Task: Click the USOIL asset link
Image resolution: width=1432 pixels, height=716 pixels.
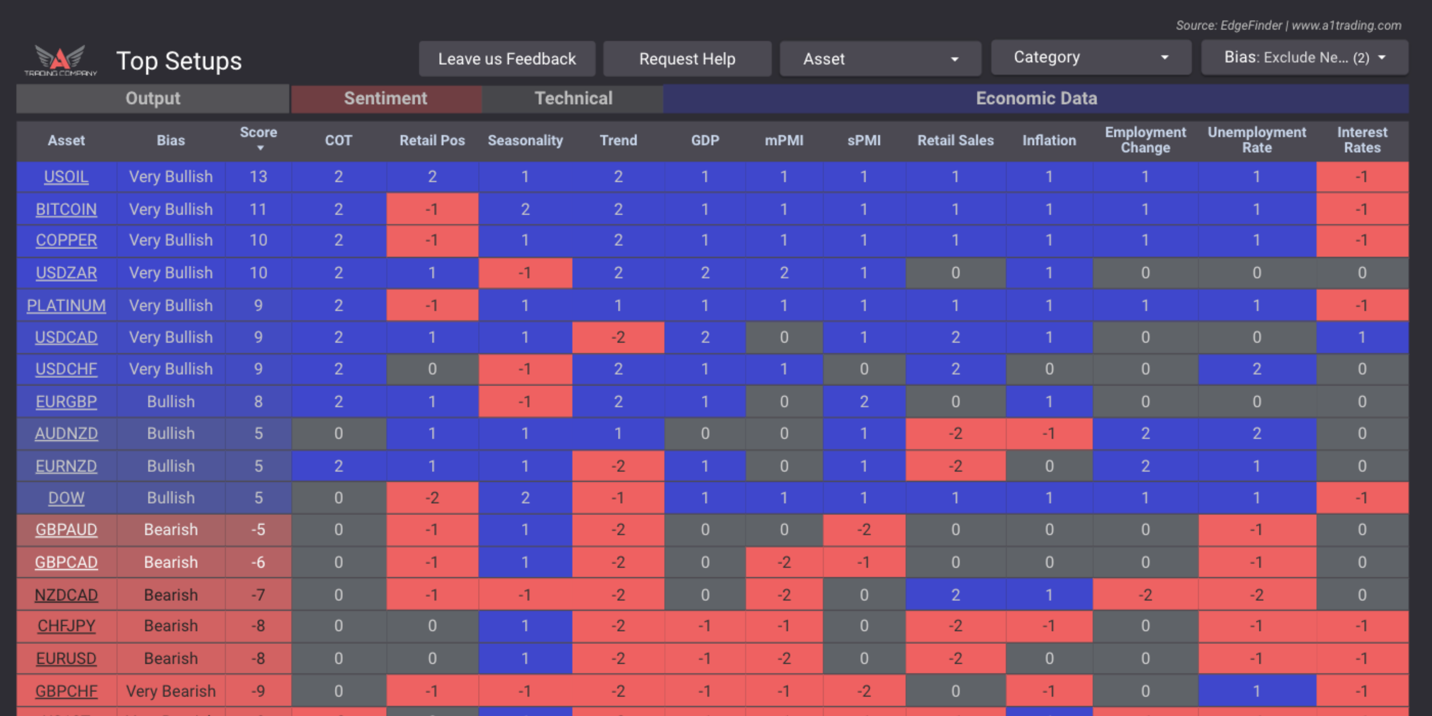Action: (66, 177)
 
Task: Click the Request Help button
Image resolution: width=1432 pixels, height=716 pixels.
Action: (687, 59)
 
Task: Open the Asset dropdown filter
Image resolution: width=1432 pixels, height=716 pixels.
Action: (880, 59)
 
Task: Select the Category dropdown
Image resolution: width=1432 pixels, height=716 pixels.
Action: (1091, 57)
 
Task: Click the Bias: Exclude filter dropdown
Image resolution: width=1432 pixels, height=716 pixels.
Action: (1304, 57)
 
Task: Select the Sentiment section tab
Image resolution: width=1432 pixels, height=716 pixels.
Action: (386, 98)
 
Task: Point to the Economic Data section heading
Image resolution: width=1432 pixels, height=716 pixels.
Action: (1036, 98)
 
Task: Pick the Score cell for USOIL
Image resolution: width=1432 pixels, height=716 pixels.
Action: (259, 177)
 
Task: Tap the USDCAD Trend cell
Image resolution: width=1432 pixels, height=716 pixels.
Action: (618, 337)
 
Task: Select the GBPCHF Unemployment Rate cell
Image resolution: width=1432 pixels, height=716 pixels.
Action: (1256, 691)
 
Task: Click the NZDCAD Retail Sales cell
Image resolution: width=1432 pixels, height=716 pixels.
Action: (955, 595)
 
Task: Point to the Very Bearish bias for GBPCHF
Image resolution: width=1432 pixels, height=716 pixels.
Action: (171, 691)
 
